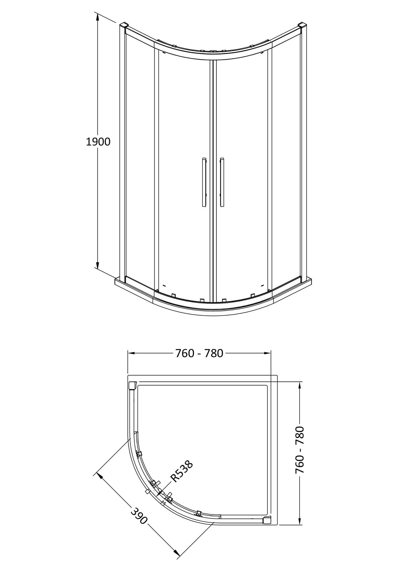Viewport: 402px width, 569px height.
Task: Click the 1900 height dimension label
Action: [x=98, y=142]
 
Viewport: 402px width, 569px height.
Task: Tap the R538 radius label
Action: [x=182, y=471]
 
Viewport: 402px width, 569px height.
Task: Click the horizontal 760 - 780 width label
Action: [x=199, y=353]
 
